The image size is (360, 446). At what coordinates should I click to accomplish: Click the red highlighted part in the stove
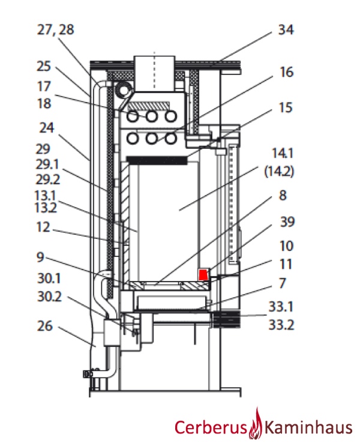coord(203,274)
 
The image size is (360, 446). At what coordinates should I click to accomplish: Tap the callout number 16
coord(287,71)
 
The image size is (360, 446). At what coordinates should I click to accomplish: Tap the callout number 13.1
coord(46,195)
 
